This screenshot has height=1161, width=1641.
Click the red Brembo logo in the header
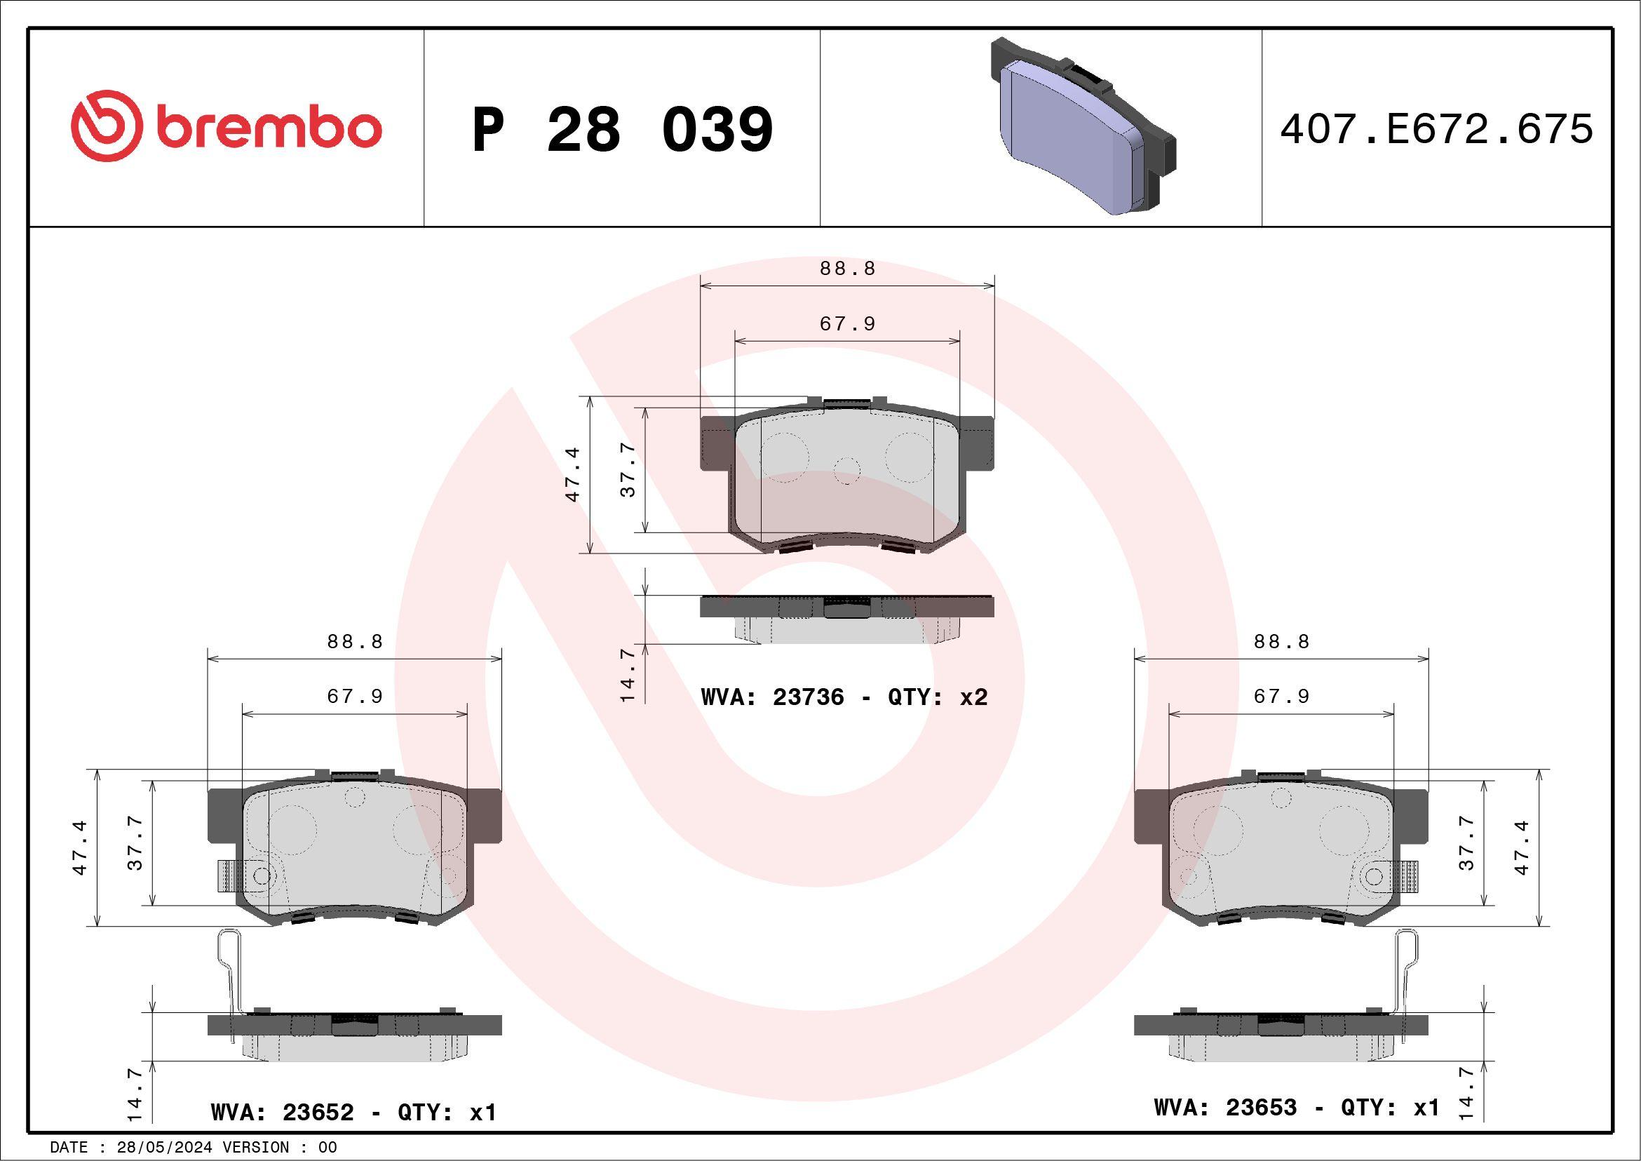click(x=226, y=126)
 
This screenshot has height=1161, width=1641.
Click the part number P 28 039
click(x=623, y=129)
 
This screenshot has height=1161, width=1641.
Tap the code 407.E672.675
click(x=1437, y=129)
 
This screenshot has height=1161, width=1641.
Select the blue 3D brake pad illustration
click(x=1083, y=126)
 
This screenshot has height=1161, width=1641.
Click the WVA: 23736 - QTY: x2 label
click(x=844, y=697)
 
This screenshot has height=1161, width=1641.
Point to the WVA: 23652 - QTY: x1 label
click(x=353, y=1112)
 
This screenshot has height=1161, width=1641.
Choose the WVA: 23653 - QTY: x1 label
click(x=1297, y=1107)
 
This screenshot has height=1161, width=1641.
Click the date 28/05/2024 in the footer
click(x=163, y=1148)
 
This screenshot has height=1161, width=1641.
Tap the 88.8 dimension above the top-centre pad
click(x=848, y=269)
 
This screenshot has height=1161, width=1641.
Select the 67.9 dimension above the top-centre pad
click(x=848, y=324)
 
